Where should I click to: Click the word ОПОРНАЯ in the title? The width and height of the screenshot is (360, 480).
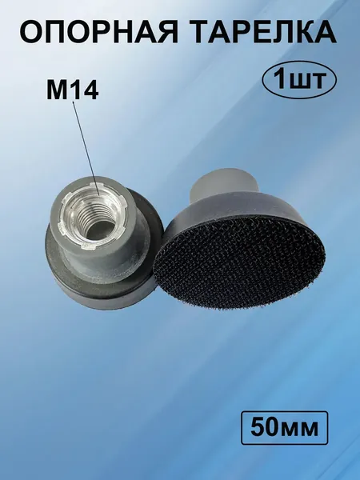tap(98, 32)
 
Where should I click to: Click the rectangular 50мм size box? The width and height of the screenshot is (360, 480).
tap(284, 428)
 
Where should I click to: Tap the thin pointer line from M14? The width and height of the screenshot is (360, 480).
tap(86, 149)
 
